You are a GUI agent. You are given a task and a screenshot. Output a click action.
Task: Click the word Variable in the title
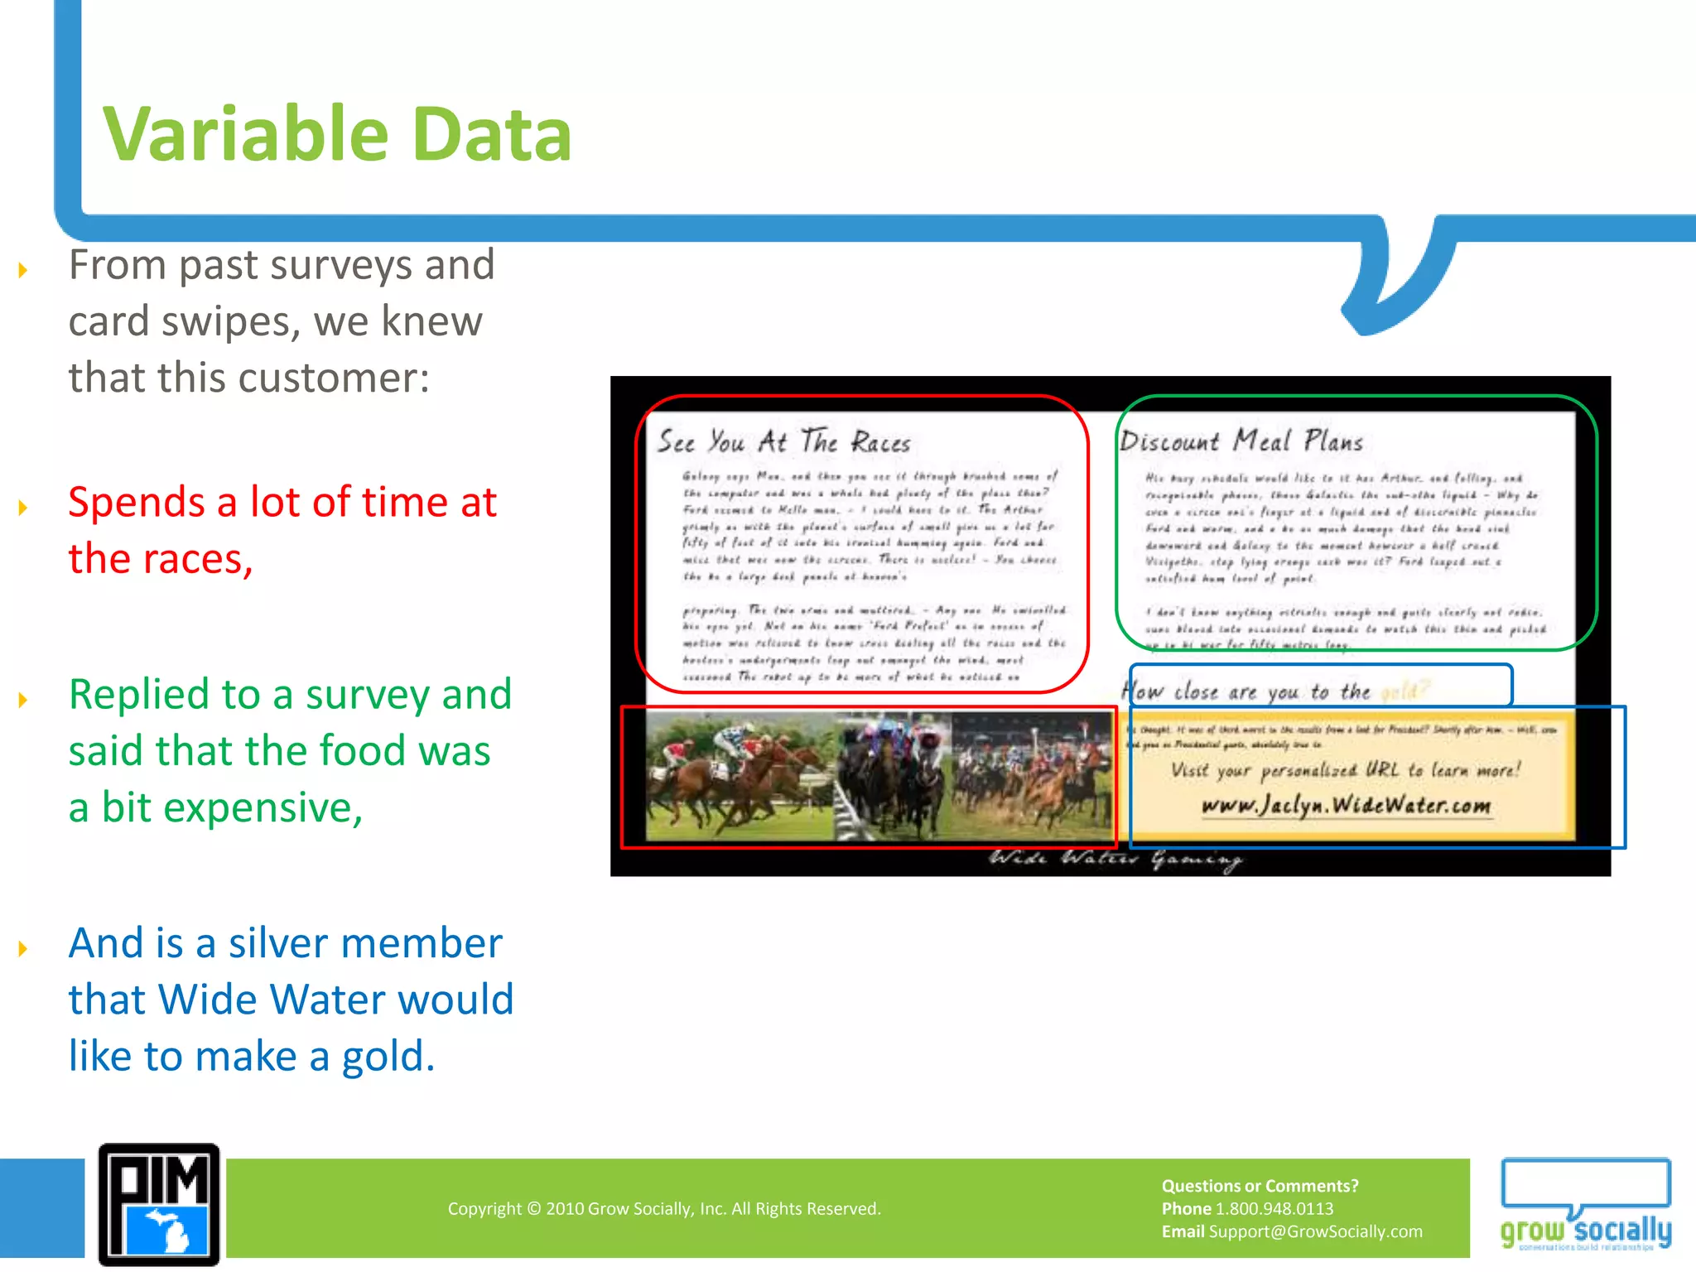tap(245, 134)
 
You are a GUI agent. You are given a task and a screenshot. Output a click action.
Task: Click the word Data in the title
tap(491, 134)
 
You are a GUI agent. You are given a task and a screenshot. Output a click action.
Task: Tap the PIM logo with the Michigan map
tap(159, 1205)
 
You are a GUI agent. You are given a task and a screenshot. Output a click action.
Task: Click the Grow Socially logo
tap(1586, 1206)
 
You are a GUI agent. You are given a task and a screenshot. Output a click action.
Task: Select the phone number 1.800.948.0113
tap(1274, 1208)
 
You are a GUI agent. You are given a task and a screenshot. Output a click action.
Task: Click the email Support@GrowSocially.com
tap(1315, 1231)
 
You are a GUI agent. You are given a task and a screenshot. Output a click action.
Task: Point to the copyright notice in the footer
tap(664, 1208)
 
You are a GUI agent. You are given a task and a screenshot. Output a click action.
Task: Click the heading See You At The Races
tap(783, 441)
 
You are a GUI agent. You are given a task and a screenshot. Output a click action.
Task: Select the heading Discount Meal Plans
tap(1241, 441)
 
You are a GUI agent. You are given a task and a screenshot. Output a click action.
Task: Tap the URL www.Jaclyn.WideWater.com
tap(1346, 805)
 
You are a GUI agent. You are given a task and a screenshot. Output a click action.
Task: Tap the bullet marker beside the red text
tap(23, 507)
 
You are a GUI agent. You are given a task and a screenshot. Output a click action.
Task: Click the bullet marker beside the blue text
tap(23, 947)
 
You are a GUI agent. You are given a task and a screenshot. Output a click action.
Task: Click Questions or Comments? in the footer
tap(1260, 1186)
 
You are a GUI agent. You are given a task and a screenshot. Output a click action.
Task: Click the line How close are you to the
tap(1246, 691)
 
